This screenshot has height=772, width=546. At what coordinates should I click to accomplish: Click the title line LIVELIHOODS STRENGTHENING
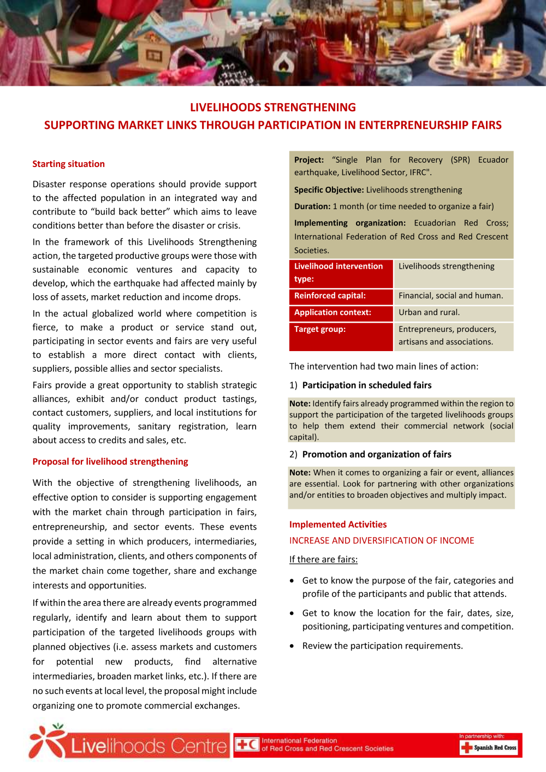(x=272, y=108)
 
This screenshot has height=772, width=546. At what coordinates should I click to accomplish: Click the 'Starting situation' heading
(x=68, y=164)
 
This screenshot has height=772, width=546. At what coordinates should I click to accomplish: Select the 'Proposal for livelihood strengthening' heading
(x=110, y=461)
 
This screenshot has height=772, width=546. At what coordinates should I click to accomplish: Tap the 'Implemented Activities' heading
(x=337, y=524)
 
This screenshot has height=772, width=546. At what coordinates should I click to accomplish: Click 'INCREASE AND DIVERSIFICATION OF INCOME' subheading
(x=381, y=541)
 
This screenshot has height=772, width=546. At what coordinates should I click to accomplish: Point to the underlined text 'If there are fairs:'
(x=323, y=559)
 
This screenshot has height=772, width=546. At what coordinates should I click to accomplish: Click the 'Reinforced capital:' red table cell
(x=341, y=296)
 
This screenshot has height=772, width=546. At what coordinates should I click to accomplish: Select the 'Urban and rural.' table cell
(x=429, y=312)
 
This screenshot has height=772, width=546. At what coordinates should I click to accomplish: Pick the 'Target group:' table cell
(x=341, y=335)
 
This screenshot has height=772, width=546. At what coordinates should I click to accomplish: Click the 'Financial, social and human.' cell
(x=450, y=295)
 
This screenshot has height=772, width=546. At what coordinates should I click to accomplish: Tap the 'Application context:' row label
(x=341, y=312)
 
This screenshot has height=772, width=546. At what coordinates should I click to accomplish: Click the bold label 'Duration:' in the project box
(x=312, y=206)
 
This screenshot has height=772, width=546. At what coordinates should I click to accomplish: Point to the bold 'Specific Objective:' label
(x=329, y=190)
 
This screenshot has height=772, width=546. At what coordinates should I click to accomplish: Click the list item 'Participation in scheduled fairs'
(x=366, y=385)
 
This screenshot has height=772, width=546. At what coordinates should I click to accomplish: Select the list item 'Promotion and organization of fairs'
(x=376, y=454)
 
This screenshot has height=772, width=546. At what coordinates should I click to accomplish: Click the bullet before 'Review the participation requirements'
(x=292, y=646)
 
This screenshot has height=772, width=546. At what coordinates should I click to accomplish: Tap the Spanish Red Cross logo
(x=489, y=747)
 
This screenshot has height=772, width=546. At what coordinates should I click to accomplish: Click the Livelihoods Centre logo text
(x=149, y=746)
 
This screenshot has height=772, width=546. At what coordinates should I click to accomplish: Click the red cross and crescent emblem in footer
(x=247, y=745)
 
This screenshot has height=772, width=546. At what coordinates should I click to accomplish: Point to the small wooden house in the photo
(x=153, y=55)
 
